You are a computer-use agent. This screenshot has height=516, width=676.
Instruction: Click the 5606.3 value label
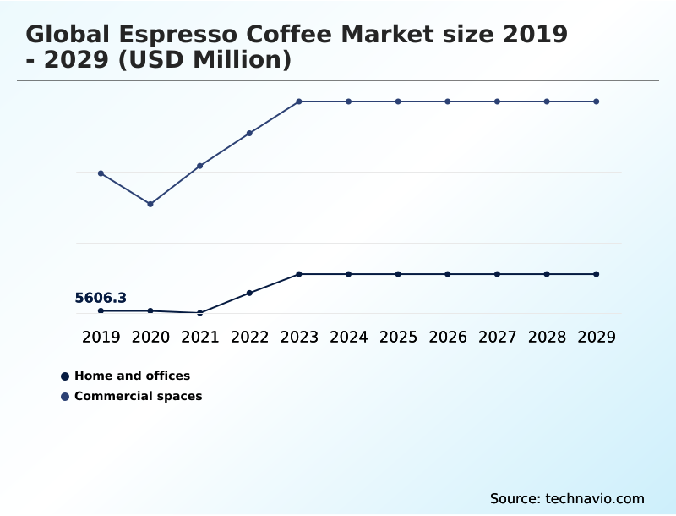pyautogui.click(x=101, y=298)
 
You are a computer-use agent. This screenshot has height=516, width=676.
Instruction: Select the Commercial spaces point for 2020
pyautogui.click(x=150, y=204)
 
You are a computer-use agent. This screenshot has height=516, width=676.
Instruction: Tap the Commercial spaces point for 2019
pyautogui.click(x=101, y=173)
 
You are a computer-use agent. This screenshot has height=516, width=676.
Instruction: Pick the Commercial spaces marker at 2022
pyautogui.click(x=249, y=133)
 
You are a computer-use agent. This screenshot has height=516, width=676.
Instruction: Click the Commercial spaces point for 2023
pyautogui.click(x=299, y=102)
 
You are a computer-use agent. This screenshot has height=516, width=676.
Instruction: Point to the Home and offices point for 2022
pyautogui.click(x=249, y=293)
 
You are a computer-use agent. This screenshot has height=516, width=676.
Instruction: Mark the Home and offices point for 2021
pyautogui.click(x=200, y=313)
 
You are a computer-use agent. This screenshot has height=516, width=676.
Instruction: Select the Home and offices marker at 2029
pyautogui.click(x=596, y=274)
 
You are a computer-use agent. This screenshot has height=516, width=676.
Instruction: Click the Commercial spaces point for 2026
pyautogui.click(x=448, y=102)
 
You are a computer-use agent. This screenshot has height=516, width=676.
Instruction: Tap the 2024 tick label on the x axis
pyautogui.click(x=348, y=337)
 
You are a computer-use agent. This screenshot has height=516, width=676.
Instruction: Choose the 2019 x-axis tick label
pyautogui.click(x=101, y=337)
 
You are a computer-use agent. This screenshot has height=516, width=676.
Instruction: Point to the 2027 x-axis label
pyautogui.click(x=497, y=337)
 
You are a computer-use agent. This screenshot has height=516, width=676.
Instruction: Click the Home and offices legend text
pyautogui.click(x=132, y=376)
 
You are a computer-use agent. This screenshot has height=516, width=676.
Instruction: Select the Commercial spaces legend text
pyautogui.click(x=138, y=396)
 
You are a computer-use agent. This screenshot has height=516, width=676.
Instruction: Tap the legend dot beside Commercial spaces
pyautogui.click(x=65, y=396)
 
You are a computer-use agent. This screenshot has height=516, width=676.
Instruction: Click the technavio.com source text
pyautogui.click(x=595, y=498)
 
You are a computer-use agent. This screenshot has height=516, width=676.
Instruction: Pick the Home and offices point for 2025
pyautogui.click(x=398, y=274)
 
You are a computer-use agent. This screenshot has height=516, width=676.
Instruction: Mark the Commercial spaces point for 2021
pyautogui.click(x=200, y=166)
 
